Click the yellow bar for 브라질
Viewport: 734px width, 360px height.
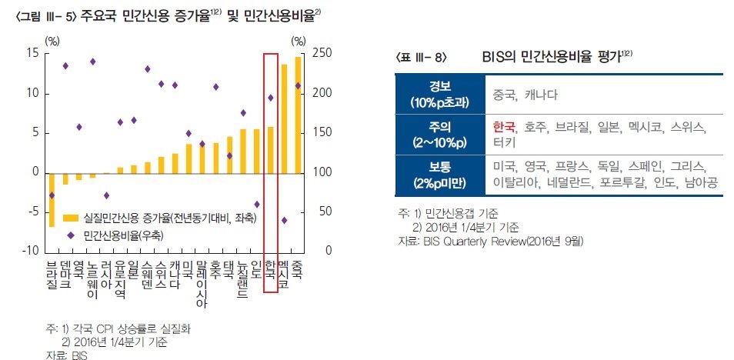click(x=52, y=199)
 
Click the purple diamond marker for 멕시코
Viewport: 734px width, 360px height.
click(x=284, y=220)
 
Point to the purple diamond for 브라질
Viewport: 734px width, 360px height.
click(x=52, y=195)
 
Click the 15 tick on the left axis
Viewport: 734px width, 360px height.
click(x=32, y=53)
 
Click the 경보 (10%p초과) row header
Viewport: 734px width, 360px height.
click(x=440, y=95)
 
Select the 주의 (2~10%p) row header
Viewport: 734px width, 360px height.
click(x=440, y=134)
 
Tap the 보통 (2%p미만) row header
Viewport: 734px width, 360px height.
click(x=440, y=175)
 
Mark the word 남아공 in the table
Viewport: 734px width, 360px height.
click(x=703, y=183)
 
